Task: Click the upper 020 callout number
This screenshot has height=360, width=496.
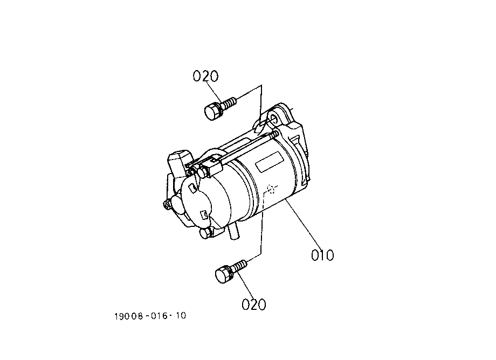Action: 205,76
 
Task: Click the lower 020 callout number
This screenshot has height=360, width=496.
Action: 254,304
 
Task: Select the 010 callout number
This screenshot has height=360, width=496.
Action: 322,255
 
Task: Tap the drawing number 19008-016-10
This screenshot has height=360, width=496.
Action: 150,316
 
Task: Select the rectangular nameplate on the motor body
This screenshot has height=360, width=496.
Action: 269,162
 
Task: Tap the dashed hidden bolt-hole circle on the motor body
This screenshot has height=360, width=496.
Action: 271,189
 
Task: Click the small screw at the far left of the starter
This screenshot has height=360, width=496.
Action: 167,204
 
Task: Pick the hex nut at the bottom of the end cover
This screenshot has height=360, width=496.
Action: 205,233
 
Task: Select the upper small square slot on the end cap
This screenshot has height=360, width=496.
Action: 191,188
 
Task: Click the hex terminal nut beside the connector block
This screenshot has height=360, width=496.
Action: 202,173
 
